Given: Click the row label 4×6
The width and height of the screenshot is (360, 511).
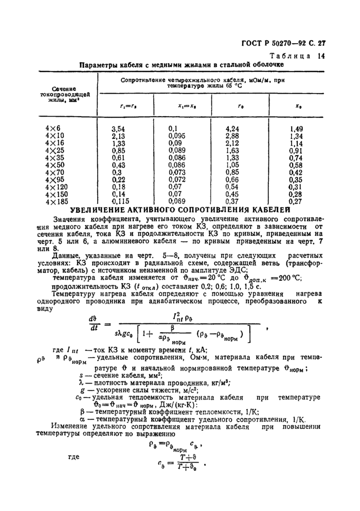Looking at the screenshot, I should click(x=53, y=128).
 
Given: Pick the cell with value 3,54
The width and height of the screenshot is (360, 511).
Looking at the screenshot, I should click(x=119, y=128).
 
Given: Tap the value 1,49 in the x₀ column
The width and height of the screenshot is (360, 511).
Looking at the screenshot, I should click(x=295, y=128).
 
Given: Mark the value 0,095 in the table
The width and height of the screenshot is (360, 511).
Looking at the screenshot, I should click(x=176, y=136).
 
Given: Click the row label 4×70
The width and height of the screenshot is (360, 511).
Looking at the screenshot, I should click(x=55, y=173).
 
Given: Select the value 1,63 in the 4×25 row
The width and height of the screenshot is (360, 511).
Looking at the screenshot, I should click(x=233, y=151).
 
